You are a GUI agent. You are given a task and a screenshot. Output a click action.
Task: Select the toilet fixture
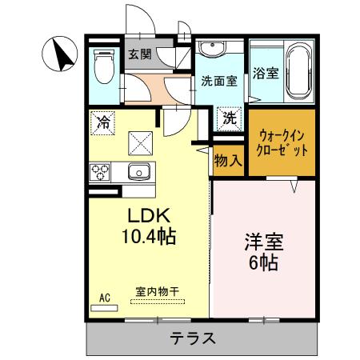pos(103,66)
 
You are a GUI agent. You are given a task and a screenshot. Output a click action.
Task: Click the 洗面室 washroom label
pos(218,80)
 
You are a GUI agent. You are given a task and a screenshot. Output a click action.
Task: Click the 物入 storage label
pos(227,159)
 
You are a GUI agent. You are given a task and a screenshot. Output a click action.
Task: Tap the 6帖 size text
pos(263,262)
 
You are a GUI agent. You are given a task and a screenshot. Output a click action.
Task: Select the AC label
pos(104,298)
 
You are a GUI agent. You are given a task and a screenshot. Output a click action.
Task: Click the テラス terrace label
pos(192,338)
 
